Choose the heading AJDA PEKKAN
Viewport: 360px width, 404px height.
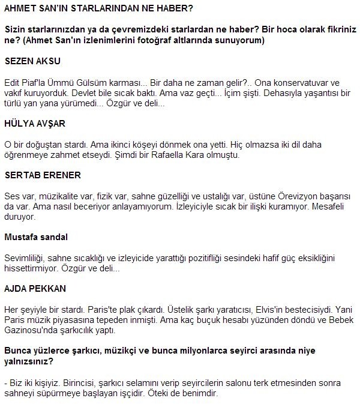point(35,289)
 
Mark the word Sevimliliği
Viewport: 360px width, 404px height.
point(23,258)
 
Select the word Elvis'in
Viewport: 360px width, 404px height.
point(249,309)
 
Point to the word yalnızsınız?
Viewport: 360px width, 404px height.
point(29,361)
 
